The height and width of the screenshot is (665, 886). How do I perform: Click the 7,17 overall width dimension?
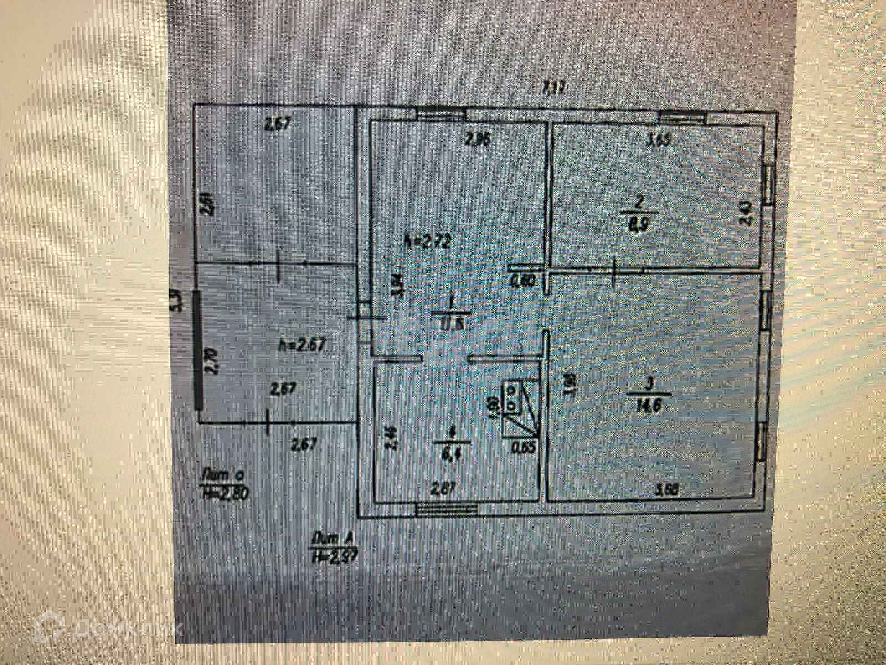pos(555,87)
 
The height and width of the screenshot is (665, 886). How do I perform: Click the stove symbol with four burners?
pos(514,398)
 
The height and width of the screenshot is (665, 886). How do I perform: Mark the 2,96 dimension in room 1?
pos(477,140)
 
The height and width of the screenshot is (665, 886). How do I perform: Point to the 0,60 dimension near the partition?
pos(523,281)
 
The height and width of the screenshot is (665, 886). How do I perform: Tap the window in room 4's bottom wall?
pos(447,509)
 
